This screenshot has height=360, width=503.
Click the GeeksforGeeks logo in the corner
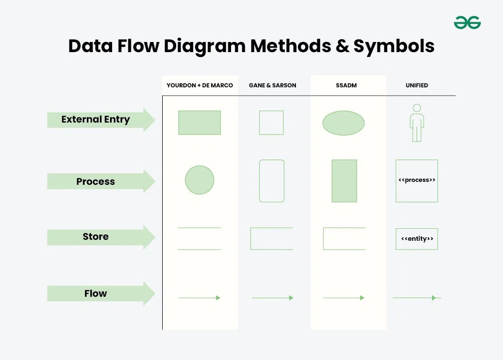[x=467, y=22]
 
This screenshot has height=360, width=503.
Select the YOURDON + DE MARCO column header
[x=200, y=85]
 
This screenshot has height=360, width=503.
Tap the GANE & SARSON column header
[x=272, y=85]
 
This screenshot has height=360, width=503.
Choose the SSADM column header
[x=346, y=85]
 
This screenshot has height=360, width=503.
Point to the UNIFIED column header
[x=417, y=85]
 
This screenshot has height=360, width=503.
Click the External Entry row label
[x=96, y=120]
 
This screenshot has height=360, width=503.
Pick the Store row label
[x=96, y=236]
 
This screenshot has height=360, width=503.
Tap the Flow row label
[x=96, y=293]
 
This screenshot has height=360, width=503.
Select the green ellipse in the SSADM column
[x=343, y=123]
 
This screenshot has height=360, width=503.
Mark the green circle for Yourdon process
[x=199, y=180]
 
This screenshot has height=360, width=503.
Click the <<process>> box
[x=417, y=180]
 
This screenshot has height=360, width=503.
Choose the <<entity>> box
[x=417, y=239]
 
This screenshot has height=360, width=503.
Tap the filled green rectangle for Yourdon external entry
[x=199, y=123]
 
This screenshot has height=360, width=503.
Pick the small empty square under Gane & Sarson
[x=271, y=123]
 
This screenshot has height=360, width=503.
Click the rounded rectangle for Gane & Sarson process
[x=272, y=181]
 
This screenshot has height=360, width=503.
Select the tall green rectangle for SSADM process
[x=344, y=181]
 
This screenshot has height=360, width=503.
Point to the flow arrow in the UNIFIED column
[x=416, y=298]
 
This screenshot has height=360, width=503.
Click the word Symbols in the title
[x=394, y=46]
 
